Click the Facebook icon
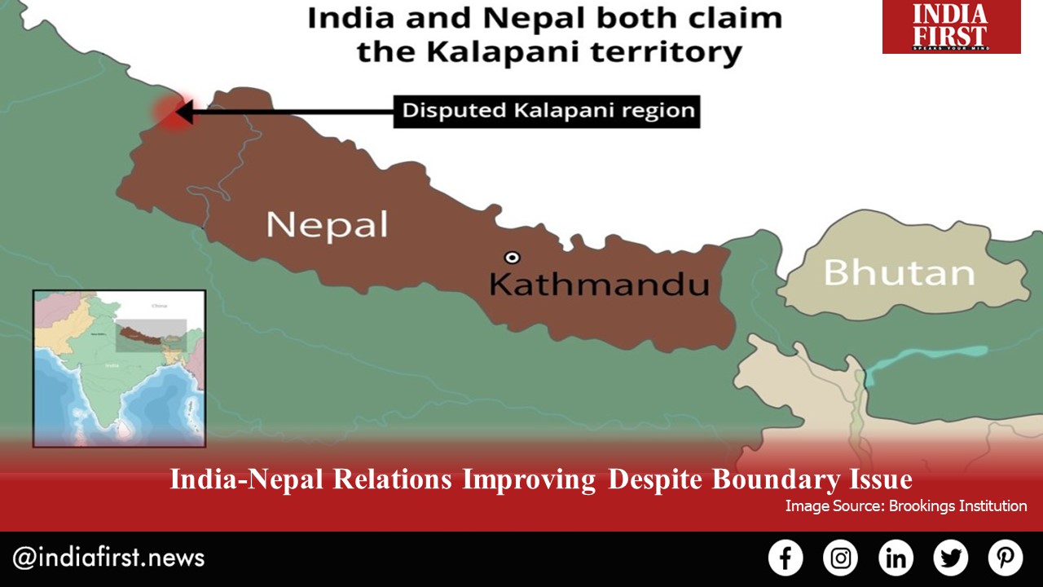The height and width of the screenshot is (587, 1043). coord(786,558)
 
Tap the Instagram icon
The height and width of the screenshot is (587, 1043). coord(840,558)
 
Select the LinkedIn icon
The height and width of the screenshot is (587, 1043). coord(896,558)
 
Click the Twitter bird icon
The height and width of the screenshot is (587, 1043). coord(950,558)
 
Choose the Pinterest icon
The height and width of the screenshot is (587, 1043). coord(1006,558)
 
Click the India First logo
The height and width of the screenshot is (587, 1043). coord(951,27)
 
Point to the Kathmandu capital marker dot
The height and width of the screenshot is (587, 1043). coord(512,258)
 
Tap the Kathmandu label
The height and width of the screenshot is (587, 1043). coord(598,285)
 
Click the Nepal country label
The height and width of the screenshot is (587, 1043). coord(328,224)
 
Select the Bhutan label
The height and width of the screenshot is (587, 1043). coord(899,272)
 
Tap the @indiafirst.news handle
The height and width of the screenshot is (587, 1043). coord(108,558)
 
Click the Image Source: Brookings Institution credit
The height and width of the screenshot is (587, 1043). coord(905,506)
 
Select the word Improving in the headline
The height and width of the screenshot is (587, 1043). coord(529,479)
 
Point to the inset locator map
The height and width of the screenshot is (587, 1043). coord(119,369)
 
